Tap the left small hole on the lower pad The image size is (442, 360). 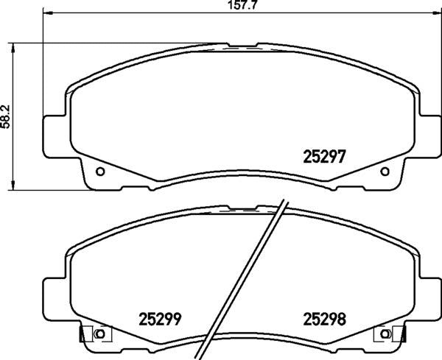100,336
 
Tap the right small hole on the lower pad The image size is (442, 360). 384,336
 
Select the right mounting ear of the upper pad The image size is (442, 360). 427,137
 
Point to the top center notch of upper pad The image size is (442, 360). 242,46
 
